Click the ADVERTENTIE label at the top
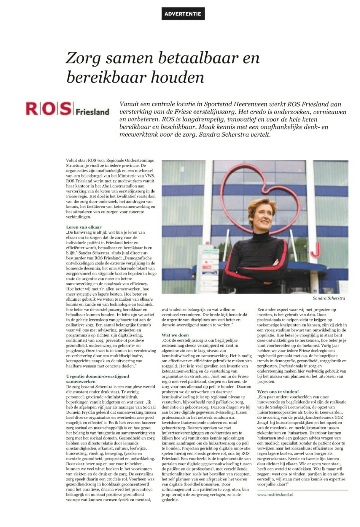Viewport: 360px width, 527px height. (183, 14)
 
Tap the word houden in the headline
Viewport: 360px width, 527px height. (177, 77)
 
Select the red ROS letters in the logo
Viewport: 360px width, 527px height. (49, 109)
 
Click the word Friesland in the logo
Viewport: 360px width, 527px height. (92, 112)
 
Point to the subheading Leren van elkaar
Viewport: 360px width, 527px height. (84, 227)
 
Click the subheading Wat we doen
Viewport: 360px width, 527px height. (175, 335)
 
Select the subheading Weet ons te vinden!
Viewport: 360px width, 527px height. (278, 391)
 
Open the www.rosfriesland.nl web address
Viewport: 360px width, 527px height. (275, 494)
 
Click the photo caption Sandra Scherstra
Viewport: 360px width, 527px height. (329, 298)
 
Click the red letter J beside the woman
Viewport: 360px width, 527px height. (315, 249)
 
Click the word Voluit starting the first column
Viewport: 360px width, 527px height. (72, 160)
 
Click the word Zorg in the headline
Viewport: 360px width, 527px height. (83, 58)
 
